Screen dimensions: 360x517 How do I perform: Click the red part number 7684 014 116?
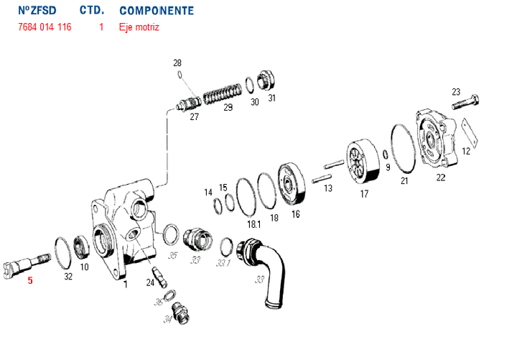point(44,27)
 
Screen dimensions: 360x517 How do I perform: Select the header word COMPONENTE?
point(156,11)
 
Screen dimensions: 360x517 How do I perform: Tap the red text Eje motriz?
point(139,27)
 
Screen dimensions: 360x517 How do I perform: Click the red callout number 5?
point(30,280)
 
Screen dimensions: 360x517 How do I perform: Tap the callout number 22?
point(441,176)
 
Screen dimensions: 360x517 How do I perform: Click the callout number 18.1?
point(253,224)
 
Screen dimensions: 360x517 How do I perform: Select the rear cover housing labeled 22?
point(434,139)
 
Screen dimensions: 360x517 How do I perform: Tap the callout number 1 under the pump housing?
point(125,285)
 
